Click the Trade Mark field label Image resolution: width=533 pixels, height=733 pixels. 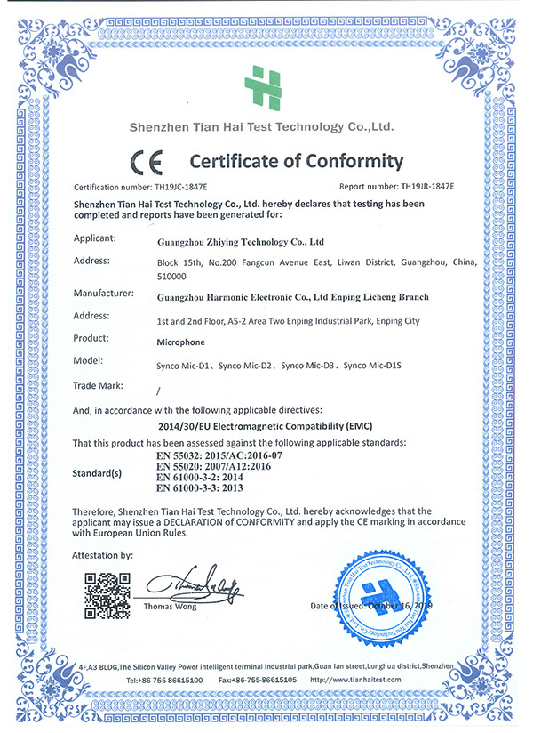click(x=99, y=385)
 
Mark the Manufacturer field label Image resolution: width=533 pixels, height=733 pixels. click(x=105, y=293)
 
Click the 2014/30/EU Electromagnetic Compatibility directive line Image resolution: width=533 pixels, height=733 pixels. click(x=264, y=426)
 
